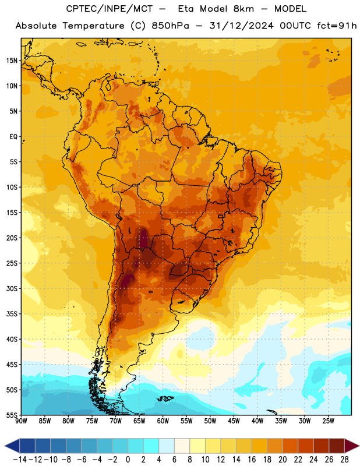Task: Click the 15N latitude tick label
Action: click(12, 61)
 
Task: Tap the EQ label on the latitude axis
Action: click(13, 137)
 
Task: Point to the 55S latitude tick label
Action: click(12, 415)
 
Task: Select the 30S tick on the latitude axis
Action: click(12, 288)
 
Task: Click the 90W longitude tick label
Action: click(21, 421)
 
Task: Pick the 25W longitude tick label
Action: click(328, 421)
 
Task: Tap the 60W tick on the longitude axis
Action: click(163, 421)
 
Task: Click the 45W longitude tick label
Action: click(234, 421)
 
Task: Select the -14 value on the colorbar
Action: click(20, 460)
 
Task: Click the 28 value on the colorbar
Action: click(344, 460)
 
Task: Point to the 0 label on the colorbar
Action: click(128, 460)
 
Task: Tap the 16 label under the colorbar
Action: click(252, 460)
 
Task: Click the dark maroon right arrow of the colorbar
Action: click(351, 446)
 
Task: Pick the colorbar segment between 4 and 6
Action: click(167, 446)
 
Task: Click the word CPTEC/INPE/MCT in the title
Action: click(109, 9)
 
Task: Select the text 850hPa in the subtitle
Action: click(170, 26)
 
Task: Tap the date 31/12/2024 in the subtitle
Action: click(241, 26)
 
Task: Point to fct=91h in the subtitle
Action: click(337, 26)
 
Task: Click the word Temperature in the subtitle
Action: click(93, 26)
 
